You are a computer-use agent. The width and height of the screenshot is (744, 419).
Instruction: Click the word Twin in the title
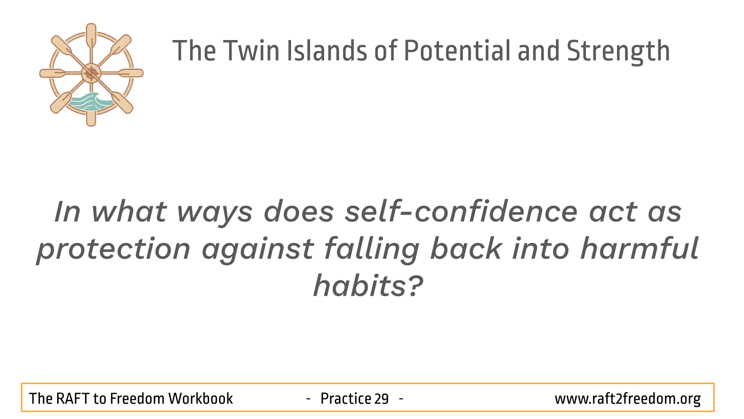252,51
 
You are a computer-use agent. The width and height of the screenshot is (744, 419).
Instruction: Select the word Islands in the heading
327,51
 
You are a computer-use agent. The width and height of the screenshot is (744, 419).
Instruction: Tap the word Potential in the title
457,51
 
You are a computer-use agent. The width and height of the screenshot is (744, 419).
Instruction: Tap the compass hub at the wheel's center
91,73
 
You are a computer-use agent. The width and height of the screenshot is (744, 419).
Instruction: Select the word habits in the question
360,286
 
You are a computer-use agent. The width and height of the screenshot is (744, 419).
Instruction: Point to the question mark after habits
415,286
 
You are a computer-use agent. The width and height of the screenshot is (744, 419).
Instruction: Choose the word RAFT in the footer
73,399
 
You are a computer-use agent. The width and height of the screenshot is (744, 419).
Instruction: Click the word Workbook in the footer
200,399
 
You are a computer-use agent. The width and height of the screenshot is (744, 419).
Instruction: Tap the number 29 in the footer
381,399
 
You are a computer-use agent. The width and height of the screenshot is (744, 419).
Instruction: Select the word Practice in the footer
345,399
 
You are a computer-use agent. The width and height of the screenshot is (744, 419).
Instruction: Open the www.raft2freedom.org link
628,399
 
